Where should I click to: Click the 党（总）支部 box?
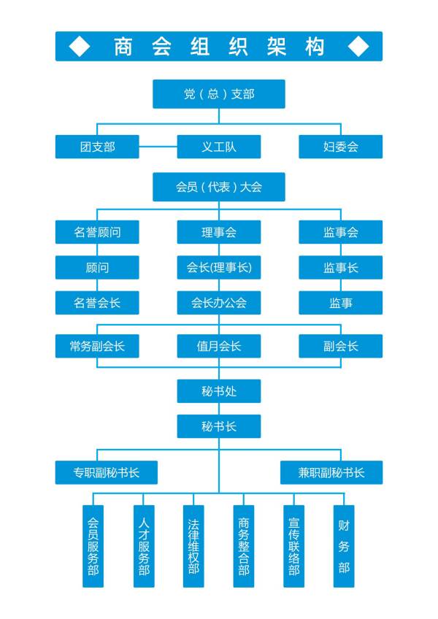[218, 93]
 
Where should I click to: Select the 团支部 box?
[97, 147]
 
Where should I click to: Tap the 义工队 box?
[218, 147]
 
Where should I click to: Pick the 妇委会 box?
[340, 147]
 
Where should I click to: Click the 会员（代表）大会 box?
[218, 187]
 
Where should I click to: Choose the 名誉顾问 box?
[97, 232]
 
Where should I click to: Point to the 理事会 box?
[218, 232]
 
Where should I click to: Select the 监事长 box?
[340, 267]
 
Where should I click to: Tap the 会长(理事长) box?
[218, 267]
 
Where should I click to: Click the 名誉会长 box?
[97, 302]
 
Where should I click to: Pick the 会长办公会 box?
[218, 302]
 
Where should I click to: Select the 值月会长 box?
[218, 346]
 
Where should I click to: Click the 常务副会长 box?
[97, 346]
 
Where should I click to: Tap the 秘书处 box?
[218, 391]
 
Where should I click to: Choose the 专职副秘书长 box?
[106, 472]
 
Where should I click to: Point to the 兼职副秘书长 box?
[331, 472]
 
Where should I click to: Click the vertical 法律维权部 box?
[193, 546]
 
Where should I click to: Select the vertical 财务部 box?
[344, 546]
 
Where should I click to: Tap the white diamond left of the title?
[79, 46]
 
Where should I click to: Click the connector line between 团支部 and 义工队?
[158, 147]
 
